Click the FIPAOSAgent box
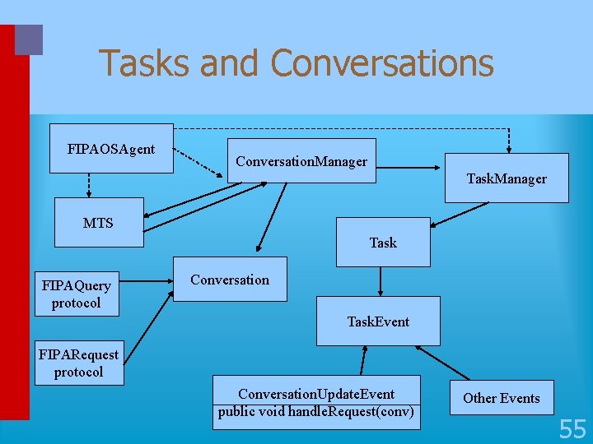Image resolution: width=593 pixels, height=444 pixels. click(x=111, y=149)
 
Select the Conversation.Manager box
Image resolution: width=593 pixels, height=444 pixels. click(x=301, y=161)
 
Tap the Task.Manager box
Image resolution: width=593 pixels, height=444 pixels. click(x=507, y=178)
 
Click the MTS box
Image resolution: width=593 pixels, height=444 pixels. click(x=99, y=222)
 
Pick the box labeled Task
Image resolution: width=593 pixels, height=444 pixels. click(x=383, y=243)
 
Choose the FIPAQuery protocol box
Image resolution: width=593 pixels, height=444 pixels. click(x=77, y=294)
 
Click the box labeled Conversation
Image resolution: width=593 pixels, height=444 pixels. click(x=230, y=280)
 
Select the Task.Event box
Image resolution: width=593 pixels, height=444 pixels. click(x=378, y=321)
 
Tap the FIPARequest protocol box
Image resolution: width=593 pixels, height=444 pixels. click(x=78, y=363)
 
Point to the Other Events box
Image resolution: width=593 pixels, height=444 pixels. click(x=502, y=398)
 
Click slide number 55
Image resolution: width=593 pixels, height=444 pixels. click(x=572, y=428)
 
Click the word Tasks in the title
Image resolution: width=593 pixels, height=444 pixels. click(x=144, y=63)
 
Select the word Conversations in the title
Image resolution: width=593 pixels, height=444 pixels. click(x=382, y=63)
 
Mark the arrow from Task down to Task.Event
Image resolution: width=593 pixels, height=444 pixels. click(x=380, y=281)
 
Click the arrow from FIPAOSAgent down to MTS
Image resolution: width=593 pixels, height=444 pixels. click(x=88, y=185)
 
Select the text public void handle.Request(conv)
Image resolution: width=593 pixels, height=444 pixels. click(x=316, y=412)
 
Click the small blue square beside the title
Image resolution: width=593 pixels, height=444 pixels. click(x=29, y=39)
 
